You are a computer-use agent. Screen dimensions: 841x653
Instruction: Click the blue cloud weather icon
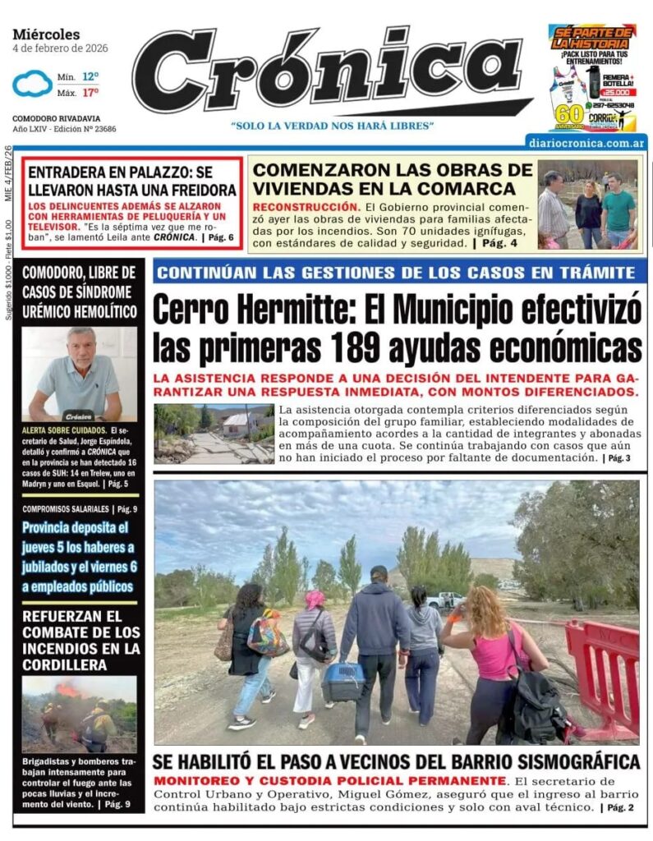(32, 83)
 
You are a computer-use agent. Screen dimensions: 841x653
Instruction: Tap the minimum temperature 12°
(90, 76)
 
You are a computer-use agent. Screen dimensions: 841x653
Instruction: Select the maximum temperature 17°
(90, 92)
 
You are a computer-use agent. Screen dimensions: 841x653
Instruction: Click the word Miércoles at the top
(46, 34)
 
